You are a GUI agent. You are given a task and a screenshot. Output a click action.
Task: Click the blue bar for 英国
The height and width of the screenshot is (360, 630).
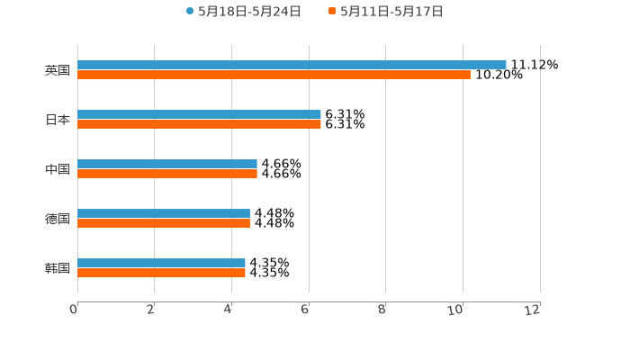(292, 65)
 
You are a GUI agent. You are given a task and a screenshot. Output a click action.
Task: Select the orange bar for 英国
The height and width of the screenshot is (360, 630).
(274, 75)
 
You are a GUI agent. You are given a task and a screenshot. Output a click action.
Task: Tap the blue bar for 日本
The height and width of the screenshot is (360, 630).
(199, 114)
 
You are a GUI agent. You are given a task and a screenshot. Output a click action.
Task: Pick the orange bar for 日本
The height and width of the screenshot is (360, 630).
(199, 124)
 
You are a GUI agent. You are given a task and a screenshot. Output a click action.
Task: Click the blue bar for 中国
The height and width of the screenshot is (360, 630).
(167, 164)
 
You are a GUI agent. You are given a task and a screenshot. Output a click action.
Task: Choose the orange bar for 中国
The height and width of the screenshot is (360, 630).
(167, 174)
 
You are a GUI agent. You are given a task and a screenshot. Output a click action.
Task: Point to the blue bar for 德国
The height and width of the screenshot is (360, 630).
(164, 213)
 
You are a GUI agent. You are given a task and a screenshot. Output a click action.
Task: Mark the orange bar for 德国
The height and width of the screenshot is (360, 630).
(164, 223)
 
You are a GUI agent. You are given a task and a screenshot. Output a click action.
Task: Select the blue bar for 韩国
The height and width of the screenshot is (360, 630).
(161, 263)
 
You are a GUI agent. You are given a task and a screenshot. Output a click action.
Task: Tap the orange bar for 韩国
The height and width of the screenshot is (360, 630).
(161, 273)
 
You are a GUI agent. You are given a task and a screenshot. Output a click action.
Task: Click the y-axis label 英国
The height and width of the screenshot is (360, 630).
(58, 70)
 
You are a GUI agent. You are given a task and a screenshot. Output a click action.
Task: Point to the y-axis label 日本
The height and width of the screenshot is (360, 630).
(58, 120)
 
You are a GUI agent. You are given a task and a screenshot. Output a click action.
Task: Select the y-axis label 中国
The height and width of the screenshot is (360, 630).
(58, 169)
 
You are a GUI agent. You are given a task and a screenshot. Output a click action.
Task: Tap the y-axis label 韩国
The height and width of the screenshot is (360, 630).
(58, 268)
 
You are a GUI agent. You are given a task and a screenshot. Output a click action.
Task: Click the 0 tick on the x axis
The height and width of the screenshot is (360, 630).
(74, 310)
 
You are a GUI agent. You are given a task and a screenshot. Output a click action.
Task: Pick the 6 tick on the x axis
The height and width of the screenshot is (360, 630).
(305, 310)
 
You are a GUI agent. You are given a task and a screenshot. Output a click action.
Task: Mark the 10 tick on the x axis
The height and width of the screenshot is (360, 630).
(456, 310)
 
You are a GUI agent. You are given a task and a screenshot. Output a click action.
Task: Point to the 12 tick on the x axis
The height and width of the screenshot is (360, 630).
(533, 310)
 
